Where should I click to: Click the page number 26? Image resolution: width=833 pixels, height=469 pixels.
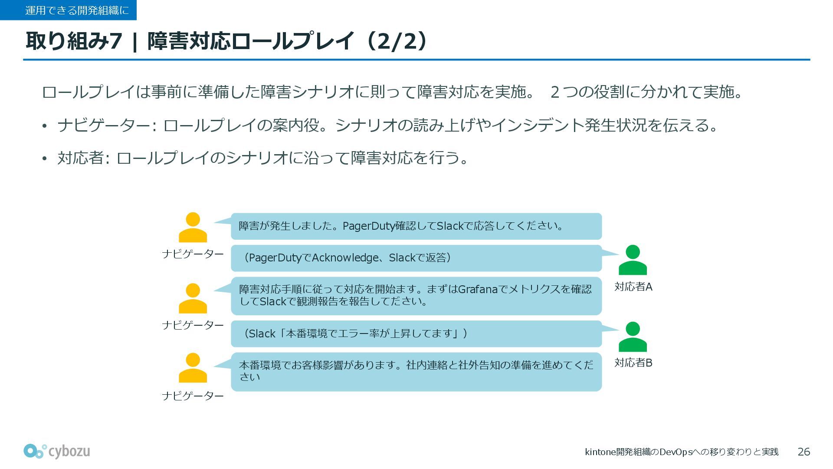coord(803,452)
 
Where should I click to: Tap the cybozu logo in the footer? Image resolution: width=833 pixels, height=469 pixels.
coord(57,451)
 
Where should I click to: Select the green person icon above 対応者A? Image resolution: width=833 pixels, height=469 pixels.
coord(633,260)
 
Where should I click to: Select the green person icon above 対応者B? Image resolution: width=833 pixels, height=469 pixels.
coord(633,337)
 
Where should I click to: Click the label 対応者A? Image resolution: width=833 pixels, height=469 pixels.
coord(633,287)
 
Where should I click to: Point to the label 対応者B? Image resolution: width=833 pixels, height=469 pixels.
coord(633,363)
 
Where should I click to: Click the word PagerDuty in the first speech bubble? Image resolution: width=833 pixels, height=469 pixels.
coord(369,226)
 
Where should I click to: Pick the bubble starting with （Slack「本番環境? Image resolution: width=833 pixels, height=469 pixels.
coord(416,334)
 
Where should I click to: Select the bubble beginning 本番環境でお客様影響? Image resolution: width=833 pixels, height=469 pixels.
coord(416,371)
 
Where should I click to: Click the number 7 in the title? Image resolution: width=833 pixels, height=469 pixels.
coord(115,41)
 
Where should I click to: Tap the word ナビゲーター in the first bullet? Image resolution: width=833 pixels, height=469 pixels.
coord(104,126)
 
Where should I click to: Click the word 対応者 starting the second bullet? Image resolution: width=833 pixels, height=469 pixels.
coord(80,158)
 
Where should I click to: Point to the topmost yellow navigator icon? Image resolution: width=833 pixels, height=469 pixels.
coord(193,227)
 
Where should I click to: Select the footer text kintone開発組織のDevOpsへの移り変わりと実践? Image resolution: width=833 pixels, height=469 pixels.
coord(682,452)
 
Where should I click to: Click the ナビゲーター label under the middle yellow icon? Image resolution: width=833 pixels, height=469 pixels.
coord(193,325)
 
